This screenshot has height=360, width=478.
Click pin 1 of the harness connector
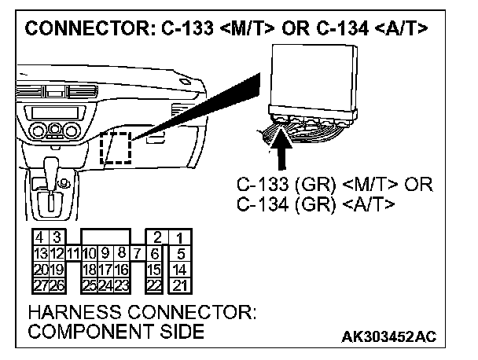coord(181,237)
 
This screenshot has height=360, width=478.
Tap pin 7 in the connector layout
coord(137,252)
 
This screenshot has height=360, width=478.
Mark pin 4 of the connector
coord(36,237)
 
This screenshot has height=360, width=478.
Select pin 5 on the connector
coord(181,252)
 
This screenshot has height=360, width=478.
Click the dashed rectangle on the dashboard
coord(116,147)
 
